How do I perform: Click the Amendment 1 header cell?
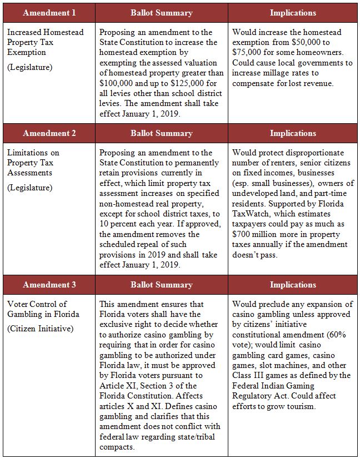click(x=49, y=12)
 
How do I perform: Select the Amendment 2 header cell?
click(x=49, y=133)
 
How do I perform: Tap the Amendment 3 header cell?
click(x=49, y=285)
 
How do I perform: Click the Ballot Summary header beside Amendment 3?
click(x=161, y=285)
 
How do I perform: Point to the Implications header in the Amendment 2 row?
click(x=293, y=133)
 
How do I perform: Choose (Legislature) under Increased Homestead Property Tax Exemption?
click(x=29, y=67)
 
